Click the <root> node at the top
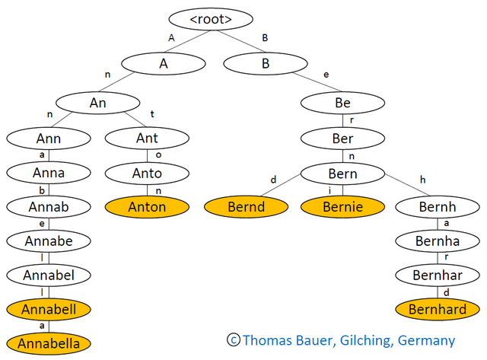(211, 19)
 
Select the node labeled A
(164, 64)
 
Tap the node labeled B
(266, 64)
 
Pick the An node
(98, 103)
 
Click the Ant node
(147, 139)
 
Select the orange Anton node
(147, 207)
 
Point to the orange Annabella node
(49, 343)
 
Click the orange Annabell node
(49, 309)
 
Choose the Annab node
(49, 207)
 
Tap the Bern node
(343, 174)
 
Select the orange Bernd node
(247, 207)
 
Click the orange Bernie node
(343, 207)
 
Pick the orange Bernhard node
(438, 309)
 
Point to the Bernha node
(438, 241)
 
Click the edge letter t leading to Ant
(152, 114)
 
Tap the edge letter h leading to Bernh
(423, 180)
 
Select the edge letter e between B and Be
(326, 75)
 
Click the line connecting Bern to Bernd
(281, 185)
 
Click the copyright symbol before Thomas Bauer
(234, 339)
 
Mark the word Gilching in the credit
(365, 341)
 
